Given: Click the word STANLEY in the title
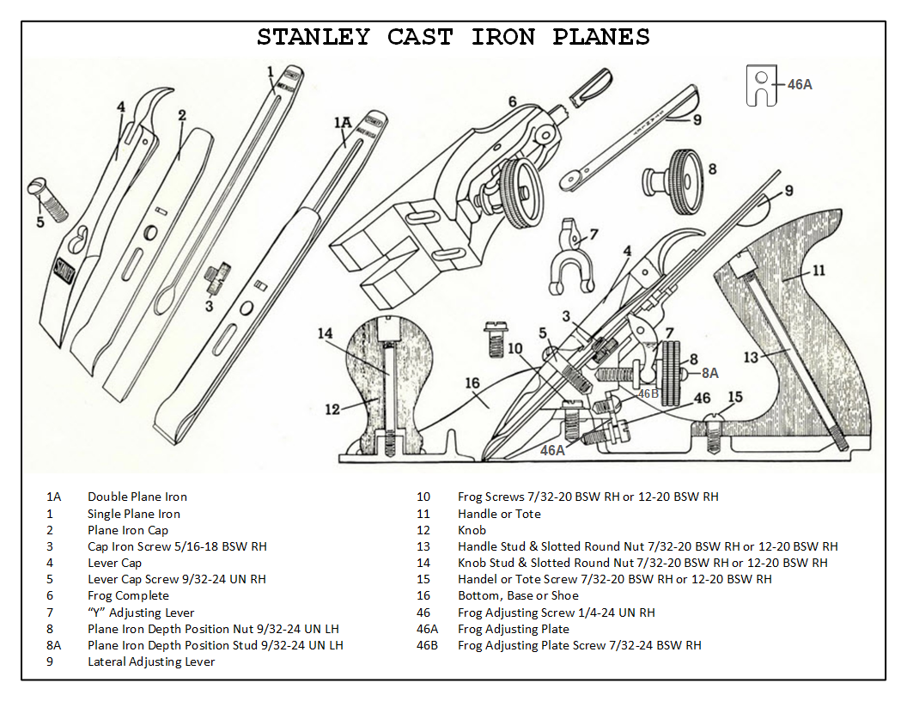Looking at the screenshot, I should [313, 38].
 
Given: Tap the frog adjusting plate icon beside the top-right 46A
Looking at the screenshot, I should [760, 85].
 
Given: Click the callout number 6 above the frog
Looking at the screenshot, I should [512, 102].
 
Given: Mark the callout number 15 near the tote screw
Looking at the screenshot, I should [734, 397].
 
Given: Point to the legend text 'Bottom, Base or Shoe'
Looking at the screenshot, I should [518, 595].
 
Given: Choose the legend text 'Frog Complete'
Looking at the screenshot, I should [128, 595].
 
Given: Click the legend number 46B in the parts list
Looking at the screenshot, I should [427, 644].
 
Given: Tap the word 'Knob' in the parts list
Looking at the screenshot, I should [472, 530].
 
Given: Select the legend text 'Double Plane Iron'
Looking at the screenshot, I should [137, 497].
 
